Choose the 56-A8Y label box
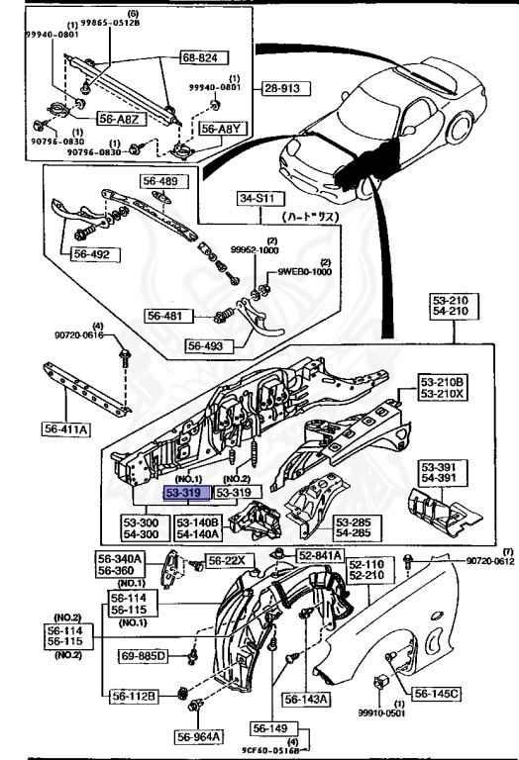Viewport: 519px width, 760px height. click(221, 129)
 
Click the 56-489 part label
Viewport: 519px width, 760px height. click(159, 181)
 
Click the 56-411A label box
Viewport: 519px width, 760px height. click(66, 428)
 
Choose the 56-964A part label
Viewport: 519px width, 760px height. click(200, 736)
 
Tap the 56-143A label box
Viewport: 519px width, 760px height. click(306, 700)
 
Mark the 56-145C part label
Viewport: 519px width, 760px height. click(436, 694)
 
